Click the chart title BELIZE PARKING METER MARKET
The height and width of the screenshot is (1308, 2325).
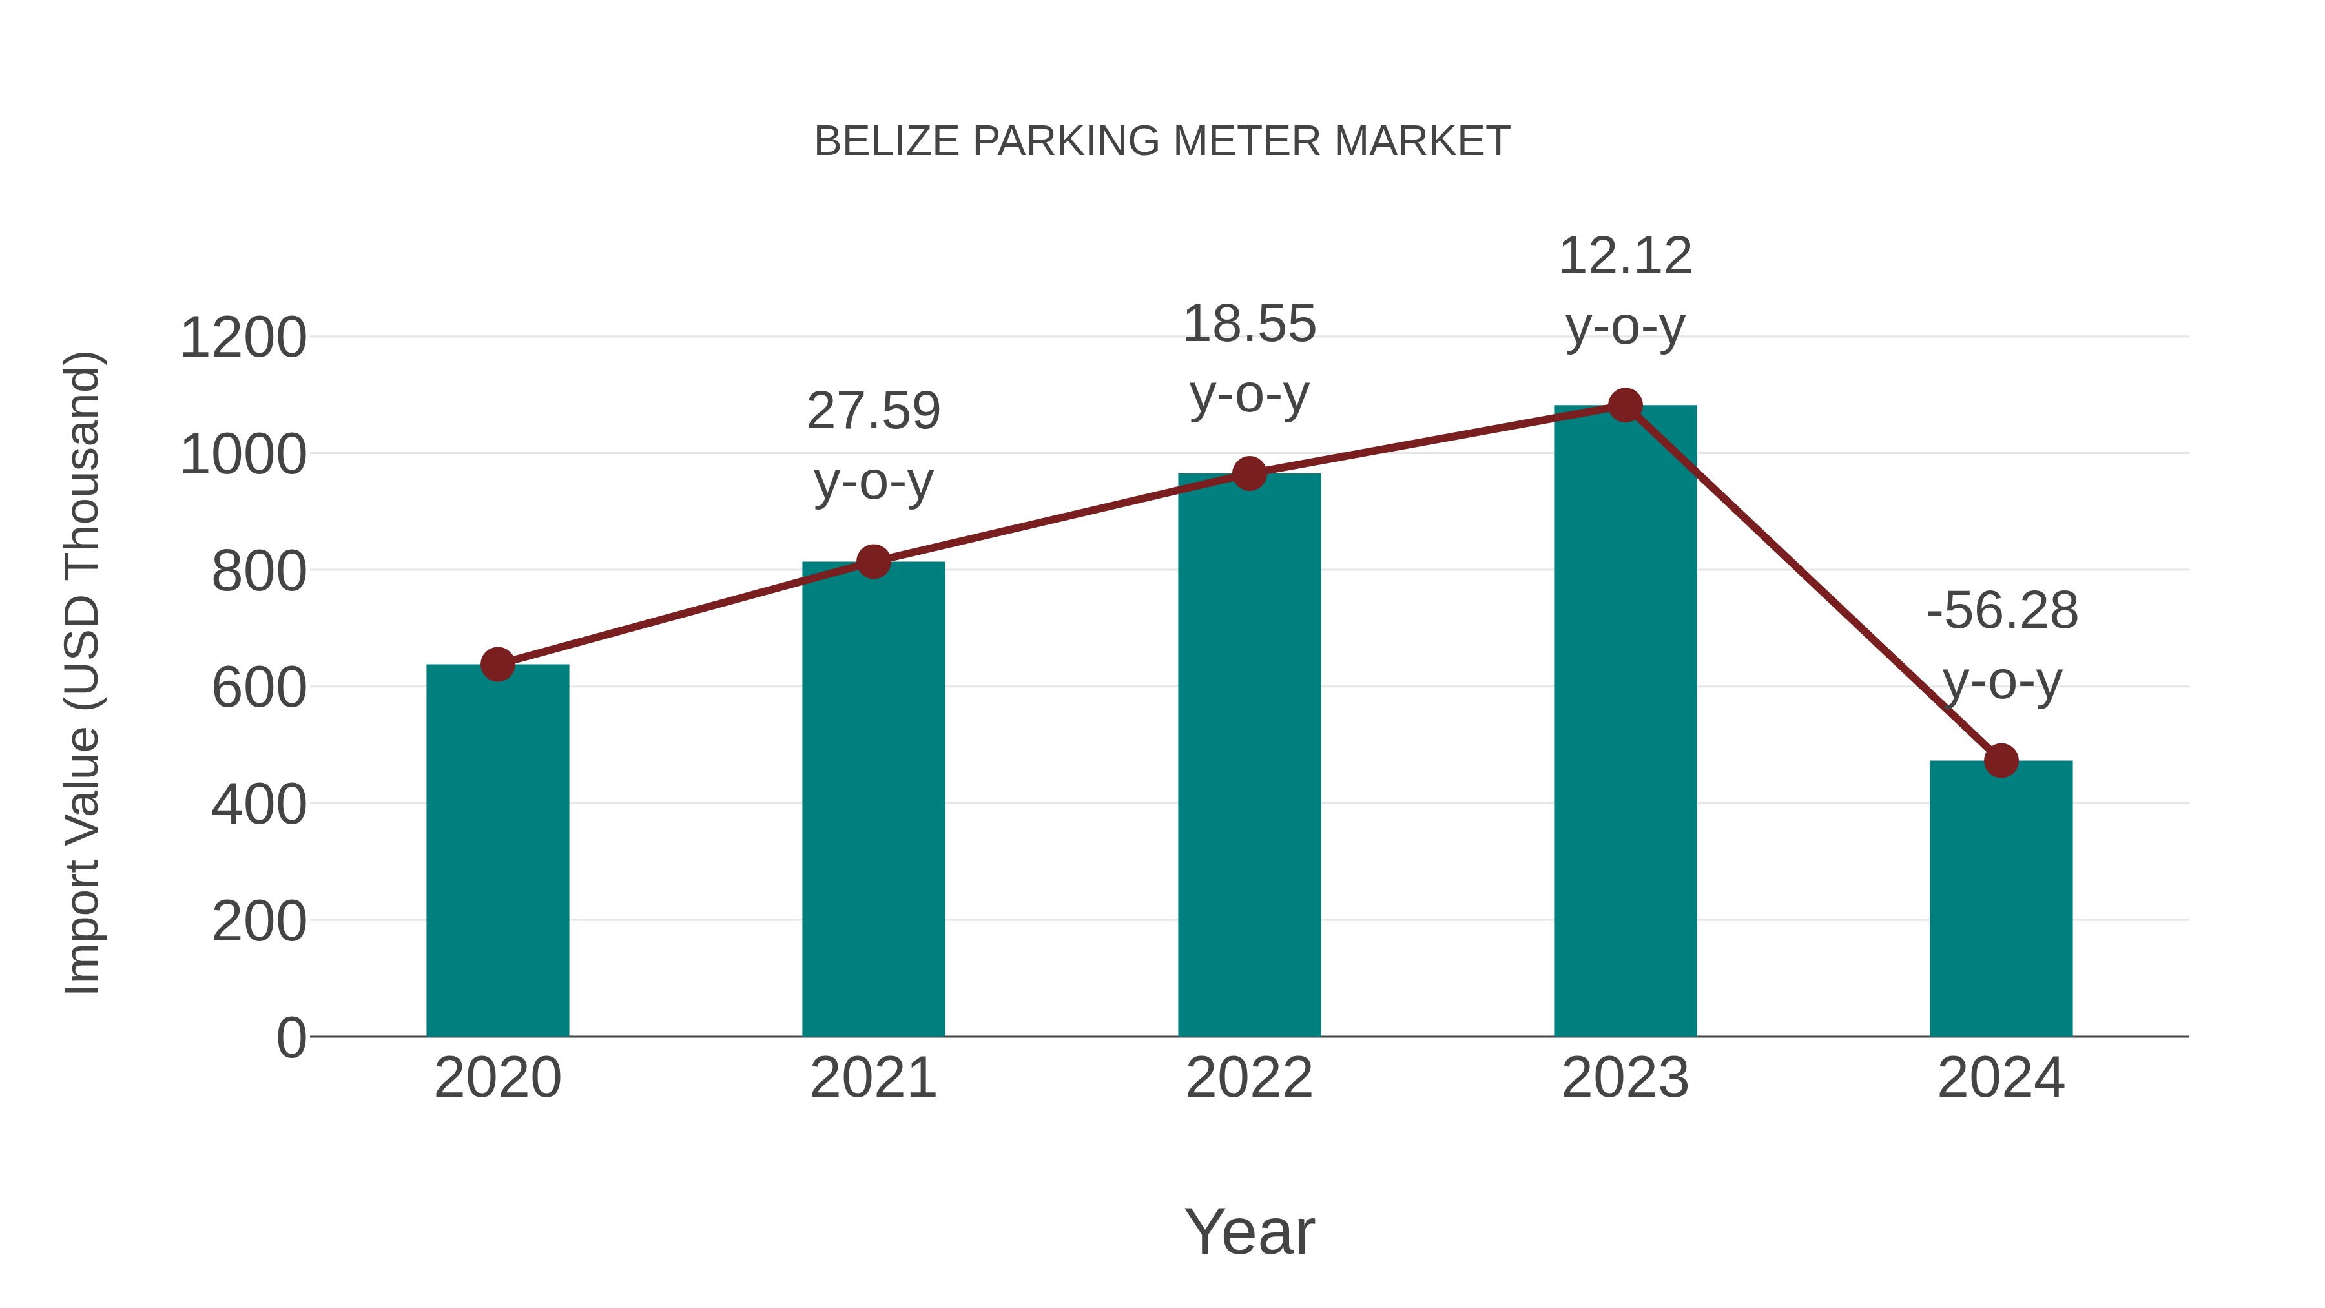1162,141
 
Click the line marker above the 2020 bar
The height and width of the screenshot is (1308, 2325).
497,665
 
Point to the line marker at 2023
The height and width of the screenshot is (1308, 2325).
1625,405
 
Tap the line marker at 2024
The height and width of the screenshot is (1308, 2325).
2001,761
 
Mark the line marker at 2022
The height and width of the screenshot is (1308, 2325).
1249,473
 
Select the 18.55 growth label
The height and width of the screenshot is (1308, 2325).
1249,358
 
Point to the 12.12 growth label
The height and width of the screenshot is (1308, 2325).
1625,291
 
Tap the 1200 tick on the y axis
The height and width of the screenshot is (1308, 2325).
243,338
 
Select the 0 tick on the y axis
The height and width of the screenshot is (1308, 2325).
291,1037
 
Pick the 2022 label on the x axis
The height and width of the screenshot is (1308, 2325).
1249,1078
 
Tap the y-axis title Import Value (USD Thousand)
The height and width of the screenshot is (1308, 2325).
82,672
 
